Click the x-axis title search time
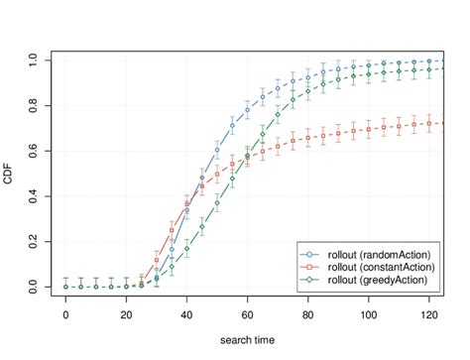pyautogui.click(x=248, y=342)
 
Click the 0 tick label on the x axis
pyautogui.click(x=65, y=314)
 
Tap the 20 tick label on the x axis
pyautogui.click(x=126, y=314)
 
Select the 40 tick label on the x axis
pyautogui.click(x=186, y=314)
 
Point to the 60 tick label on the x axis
pyautogui.click(x=247, y=314)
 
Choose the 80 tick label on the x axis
pyautogui.click(x=307, y=314)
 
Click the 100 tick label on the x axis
pyautogui.click(x=368, y=314)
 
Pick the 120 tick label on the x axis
pyautogui.click(x=428, y=314)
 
